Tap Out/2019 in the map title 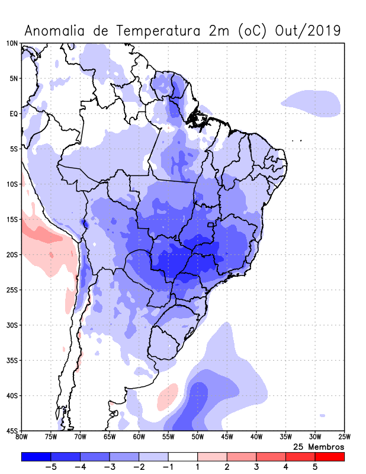pyautogui.click(x=309, y=30)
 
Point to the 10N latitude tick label pyautogui.click(x=12, y=43)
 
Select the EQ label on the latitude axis pyautogui.click(x=14, y=114)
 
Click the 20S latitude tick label pyautogui.click(x=12, y=255)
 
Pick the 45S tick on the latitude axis pyautogui.click(x=12, y=431)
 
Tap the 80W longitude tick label pyautogui.click(x=21, y=437)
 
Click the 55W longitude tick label pyautogui.click(x=168, y=437)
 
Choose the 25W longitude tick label pyautogui.click(x=343, y=437)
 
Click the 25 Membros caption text pyautogui.click(x=319, y=446)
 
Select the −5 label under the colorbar pyautogui.click(x=51, y=467)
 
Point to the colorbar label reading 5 pyautogui.click(x=315, y=467)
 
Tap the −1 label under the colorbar pyautogui.click(x=168, y=467)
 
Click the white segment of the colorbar pyautogui.click(x=183, y=457)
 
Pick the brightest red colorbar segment pyautogui.click(x=329, y=457)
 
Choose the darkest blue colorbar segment pyautogui.click(x=36, y=457)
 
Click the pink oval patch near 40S pyautogui.click(x=168, y=397)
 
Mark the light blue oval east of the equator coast pyautogui.click(x=312, y=104)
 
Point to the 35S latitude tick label pyautogui.click(x=12, y=360)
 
